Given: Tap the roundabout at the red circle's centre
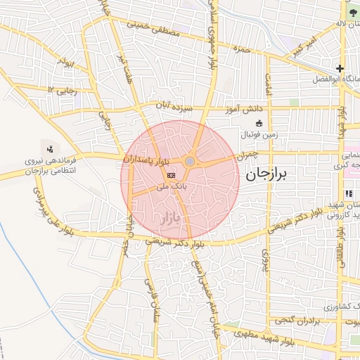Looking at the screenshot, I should pos(190,162).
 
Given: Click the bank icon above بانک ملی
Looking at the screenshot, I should pos(171,174).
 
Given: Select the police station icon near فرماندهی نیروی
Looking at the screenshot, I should pos(50,148).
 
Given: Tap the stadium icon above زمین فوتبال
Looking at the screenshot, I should pos(259,124).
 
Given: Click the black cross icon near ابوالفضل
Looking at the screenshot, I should pos(340,69).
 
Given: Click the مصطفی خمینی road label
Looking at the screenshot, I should pos(154,29).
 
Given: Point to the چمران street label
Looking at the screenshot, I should pos(249,153).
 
